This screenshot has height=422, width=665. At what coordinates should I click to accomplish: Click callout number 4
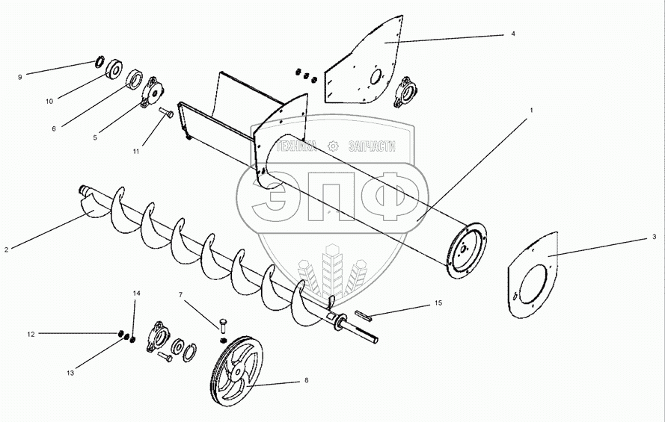(x=512, y=34)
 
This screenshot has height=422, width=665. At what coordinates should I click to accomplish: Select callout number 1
(x=531, y=110)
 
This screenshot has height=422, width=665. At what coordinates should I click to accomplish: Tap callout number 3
(x=654, y=237)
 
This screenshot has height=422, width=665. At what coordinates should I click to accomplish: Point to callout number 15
(x=438, y=303)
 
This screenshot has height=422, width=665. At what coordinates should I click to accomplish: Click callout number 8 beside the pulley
(x=307, y=380)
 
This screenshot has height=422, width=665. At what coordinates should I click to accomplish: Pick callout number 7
(x=181, y=294)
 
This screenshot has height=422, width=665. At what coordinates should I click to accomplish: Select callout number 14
(x=136, y=294)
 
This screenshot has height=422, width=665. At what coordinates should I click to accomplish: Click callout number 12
(x=31, y=335)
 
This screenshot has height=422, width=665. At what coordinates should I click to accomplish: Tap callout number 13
(x=70, y=373)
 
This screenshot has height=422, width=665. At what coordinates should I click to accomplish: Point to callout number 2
(x=7, y=249)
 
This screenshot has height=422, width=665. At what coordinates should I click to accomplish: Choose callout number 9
(x=20, y=78)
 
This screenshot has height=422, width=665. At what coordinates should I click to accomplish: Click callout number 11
(x=136, y=152)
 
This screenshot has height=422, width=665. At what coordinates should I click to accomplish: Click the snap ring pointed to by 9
(x=99, y=60)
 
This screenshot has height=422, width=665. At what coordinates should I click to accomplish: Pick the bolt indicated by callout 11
(x=166, y=113)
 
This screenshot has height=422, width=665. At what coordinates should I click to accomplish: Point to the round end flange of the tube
(x=466, y=250)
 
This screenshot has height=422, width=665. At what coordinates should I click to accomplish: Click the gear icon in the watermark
(x=334, y=146)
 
